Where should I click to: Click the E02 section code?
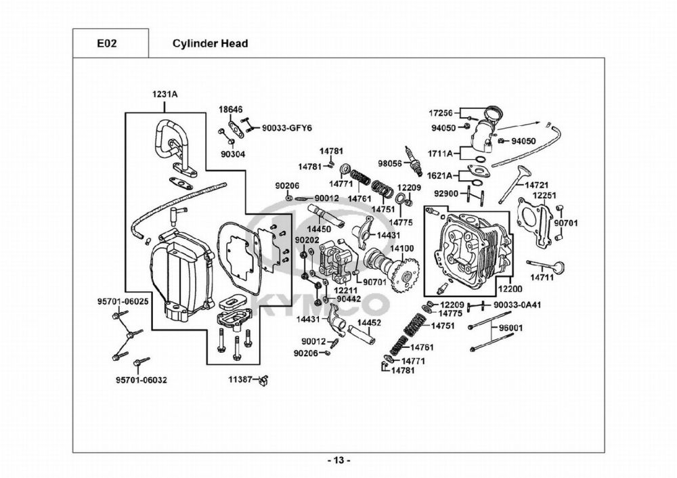pos(107,43)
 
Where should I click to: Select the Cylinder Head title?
pos(210,43)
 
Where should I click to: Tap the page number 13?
pos(338,461)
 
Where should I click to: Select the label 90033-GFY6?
pos(286,127)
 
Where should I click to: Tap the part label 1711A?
pos(441,154)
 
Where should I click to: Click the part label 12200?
pos(510,288)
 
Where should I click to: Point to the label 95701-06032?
pos(141,380)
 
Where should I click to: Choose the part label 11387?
pos(243,379)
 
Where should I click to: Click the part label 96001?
pos(511,328)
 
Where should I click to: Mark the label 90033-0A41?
pos(517,305)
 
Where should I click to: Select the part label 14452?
pos(369,323)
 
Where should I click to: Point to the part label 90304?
pos(233,154)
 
